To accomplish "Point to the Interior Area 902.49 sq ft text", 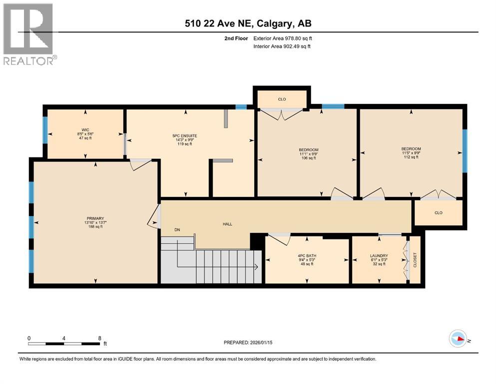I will click(x=282, y=46).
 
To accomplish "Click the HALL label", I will click(x=227, y=224).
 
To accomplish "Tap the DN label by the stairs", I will click(x=177, y=230).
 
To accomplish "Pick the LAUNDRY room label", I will click(x=379, y=259).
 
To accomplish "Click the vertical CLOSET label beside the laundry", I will click(x=415, y=259).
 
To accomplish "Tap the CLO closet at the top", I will click(x=282, y=99).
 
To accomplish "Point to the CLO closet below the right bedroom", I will click(x=438, y=212).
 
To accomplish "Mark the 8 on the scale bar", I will click(x=99, y=338).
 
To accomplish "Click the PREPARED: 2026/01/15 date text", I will click(x=251, y=342).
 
